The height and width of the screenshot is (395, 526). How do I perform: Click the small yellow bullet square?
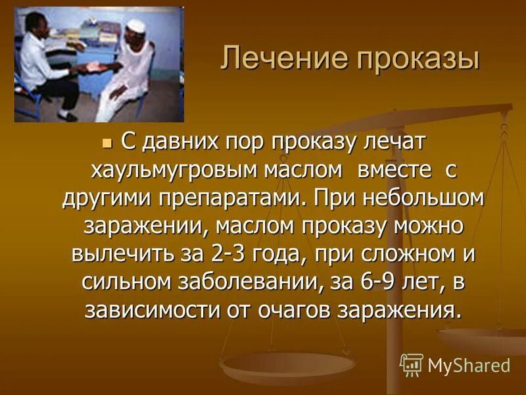pyautogui.click(x=109, y=141)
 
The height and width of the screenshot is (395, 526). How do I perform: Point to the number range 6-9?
pyautogui.click(x=377, y=282)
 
